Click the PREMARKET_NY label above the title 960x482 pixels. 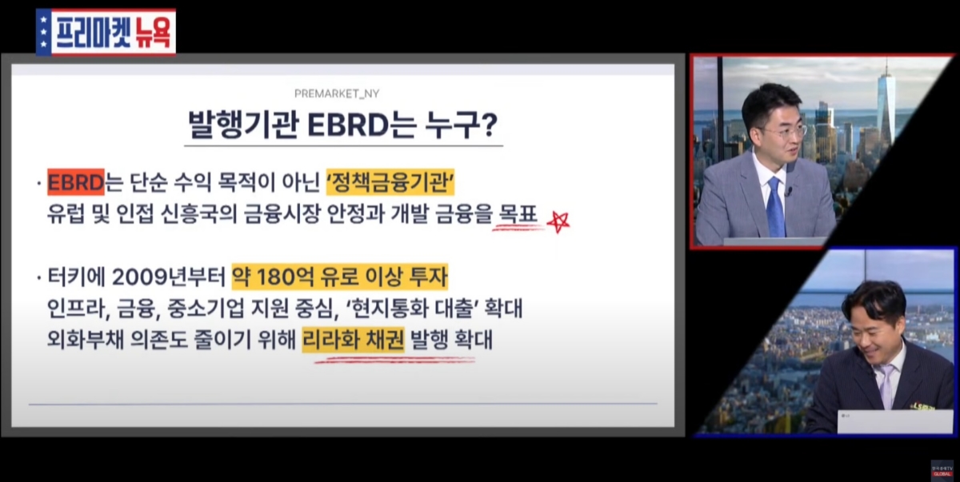point(337,94)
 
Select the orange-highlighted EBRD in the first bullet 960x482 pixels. point(76,182)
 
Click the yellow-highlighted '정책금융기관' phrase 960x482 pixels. point(390,182)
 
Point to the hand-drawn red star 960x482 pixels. point(558,221)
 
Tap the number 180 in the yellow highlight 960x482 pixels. point(274,277)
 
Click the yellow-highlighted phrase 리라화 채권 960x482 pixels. point(353,340)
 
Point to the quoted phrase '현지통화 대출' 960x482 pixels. point(410,309)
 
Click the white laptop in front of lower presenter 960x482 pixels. point(896,421)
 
